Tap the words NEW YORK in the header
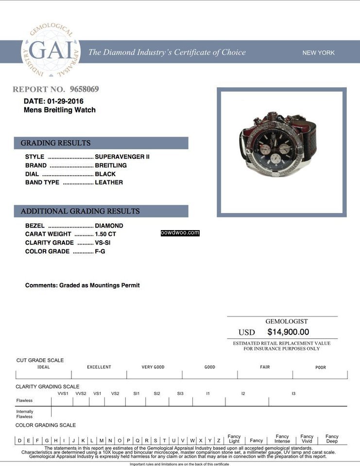coord(318,53)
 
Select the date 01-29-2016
coord(65,101)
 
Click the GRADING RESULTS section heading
coord(55,143)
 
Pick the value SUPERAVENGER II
coord(122,157)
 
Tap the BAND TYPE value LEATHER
coord(109,183)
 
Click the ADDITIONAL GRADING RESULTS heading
coord(80,211)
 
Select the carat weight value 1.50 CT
coord(105,234)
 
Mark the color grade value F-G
coord(100,251)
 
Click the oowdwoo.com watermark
coord(180,233)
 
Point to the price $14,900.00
coord(288,332)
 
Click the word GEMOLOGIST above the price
coord(286,321)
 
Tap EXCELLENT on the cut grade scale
coord(99,367)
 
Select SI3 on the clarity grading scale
coord(180,394)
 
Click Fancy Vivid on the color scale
coord(307,439)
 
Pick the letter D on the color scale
coord(20,441)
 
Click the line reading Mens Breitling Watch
coord(60,110)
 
